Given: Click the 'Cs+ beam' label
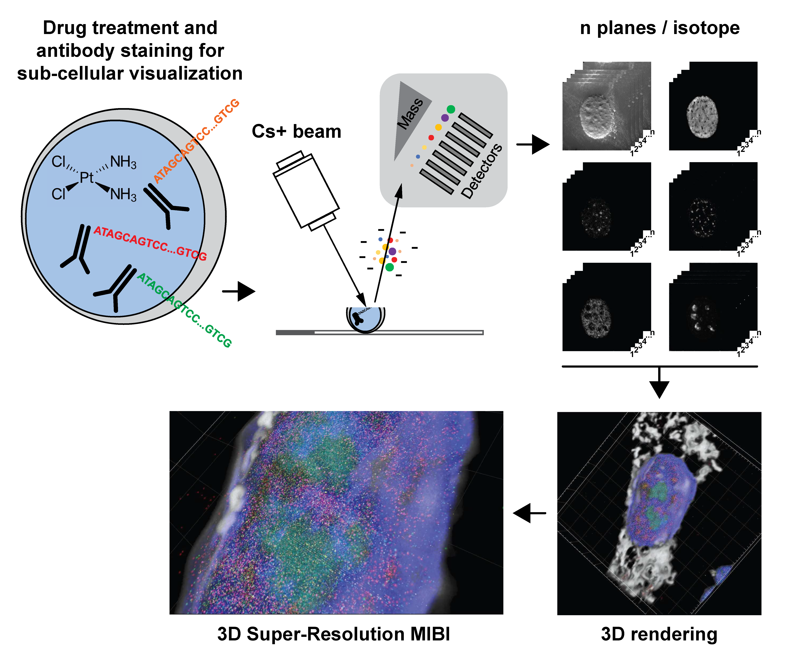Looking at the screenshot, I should tap(296, 132).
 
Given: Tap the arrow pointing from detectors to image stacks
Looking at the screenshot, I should tap(534, 144).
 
